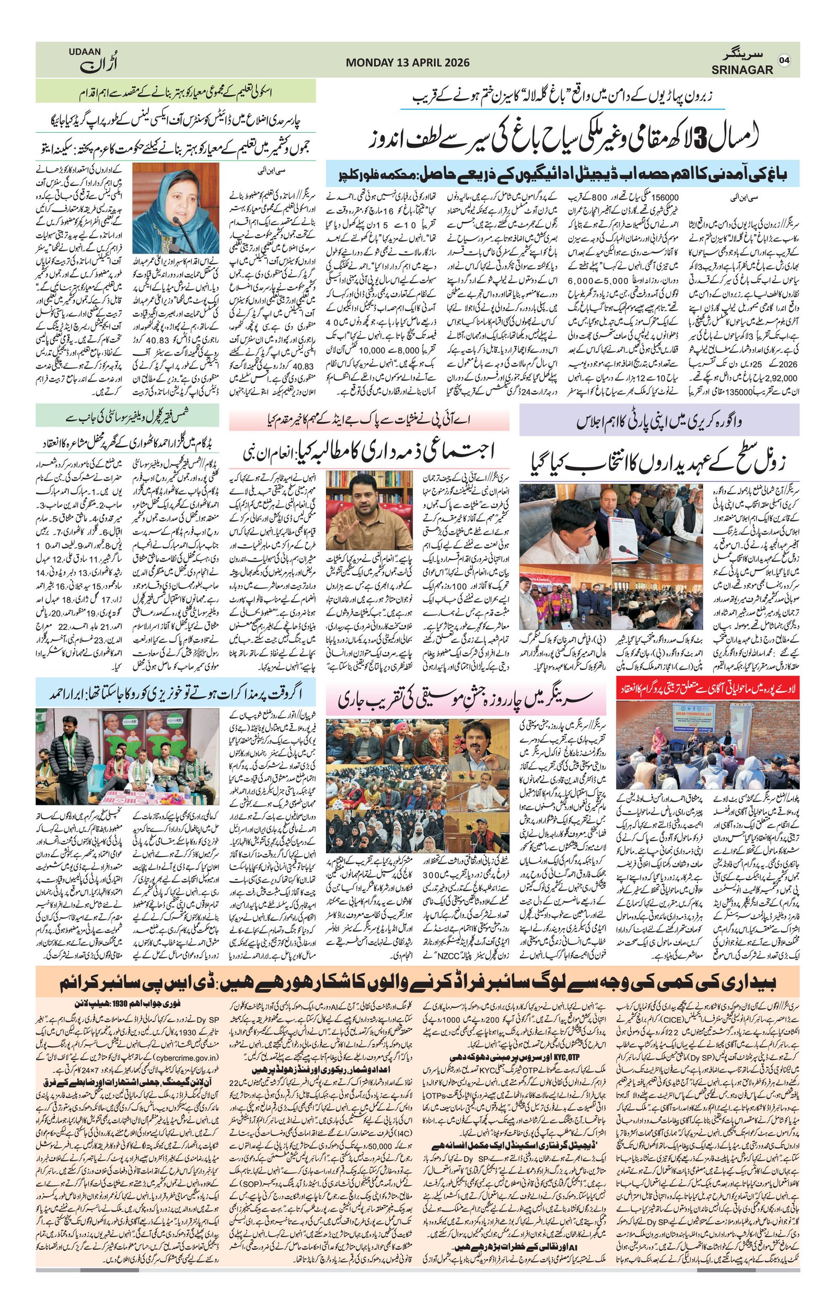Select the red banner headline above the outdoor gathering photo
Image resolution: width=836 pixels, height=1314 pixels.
click(x=707, y=689)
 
